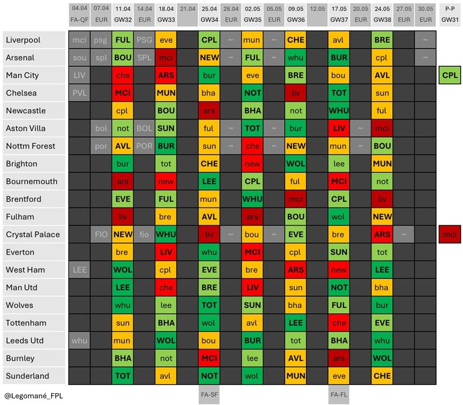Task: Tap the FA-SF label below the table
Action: (209, 394)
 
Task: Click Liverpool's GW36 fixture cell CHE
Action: (295, 40)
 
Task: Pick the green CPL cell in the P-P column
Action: (450, 76)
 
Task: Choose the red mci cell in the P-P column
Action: (450, 234)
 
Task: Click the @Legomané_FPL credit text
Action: (34, 395)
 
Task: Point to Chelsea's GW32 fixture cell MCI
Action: (122, 93)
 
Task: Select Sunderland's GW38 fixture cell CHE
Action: (382, 376)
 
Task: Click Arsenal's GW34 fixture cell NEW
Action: (209, 58)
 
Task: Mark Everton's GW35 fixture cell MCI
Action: (252, 252)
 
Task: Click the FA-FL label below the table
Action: (339, 394)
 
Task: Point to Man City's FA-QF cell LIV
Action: (79, 75)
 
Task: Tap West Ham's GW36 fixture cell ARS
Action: (295, 270)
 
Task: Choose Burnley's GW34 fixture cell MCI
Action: (209, 358)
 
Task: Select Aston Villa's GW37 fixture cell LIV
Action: (339, 128)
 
